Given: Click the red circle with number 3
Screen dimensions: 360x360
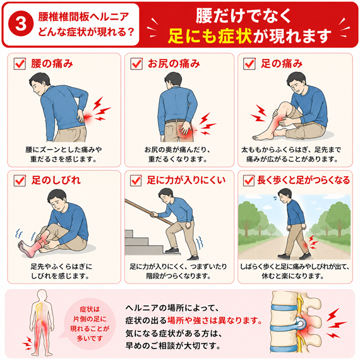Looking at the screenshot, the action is click(21, 24).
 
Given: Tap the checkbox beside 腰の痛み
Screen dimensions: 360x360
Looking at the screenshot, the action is click(20, 64).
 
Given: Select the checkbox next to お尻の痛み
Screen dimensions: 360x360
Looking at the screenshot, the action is click(136, 64).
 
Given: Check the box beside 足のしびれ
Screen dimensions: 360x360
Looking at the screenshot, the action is click(20, 181).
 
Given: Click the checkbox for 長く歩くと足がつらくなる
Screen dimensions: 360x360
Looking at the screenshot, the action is click(249, 181).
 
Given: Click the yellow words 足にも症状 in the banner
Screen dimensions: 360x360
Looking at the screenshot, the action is click(210, 36).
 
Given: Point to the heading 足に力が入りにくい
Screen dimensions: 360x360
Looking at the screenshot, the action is click(186, 180).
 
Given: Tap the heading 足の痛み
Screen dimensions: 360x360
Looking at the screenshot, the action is click(282, 64).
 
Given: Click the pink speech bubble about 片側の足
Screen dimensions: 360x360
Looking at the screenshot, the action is click(89, 324).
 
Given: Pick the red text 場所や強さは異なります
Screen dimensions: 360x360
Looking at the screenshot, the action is click(215, 320).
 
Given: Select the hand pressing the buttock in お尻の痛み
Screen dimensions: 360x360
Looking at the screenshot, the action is click(186, 128).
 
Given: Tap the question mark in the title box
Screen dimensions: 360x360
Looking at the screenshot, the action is click(131, 32).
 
